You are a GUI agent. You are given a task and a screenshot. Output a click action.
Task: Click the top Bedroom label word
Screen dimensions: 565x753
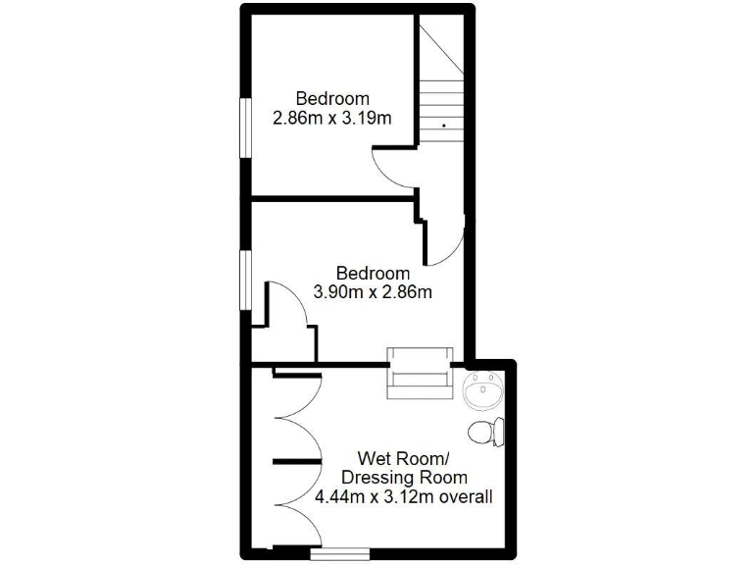[333, 98]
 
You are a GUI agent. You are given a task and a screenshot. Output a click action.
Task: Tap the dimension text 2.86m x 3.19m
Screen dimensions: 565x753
[332, 120]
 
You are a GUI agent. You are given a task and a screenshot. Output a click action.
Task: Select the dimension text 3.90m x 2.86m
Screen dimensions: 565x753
[373, 291]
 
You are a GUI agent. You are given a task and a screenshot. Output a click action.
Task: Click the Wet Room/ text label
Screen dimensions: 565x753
[403, 458]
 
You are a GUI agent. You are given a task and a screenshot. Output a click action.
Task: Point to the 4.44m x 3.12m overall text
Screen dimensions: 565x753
[403, 497]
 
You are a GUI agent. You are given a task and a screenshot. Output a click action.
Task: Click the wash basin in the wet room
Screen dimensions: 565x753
[482, 392]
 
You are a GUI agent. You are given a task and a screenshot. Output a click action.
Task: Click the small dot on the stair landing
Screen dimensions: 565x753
[443, 126]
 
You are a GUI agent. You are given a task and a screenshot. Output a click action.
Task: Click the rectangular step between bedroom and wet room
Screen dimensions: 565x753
[419, 373]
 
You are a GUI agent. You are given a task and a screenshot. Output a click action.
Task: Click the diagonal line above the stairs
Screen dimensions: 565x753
[438, 49]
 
